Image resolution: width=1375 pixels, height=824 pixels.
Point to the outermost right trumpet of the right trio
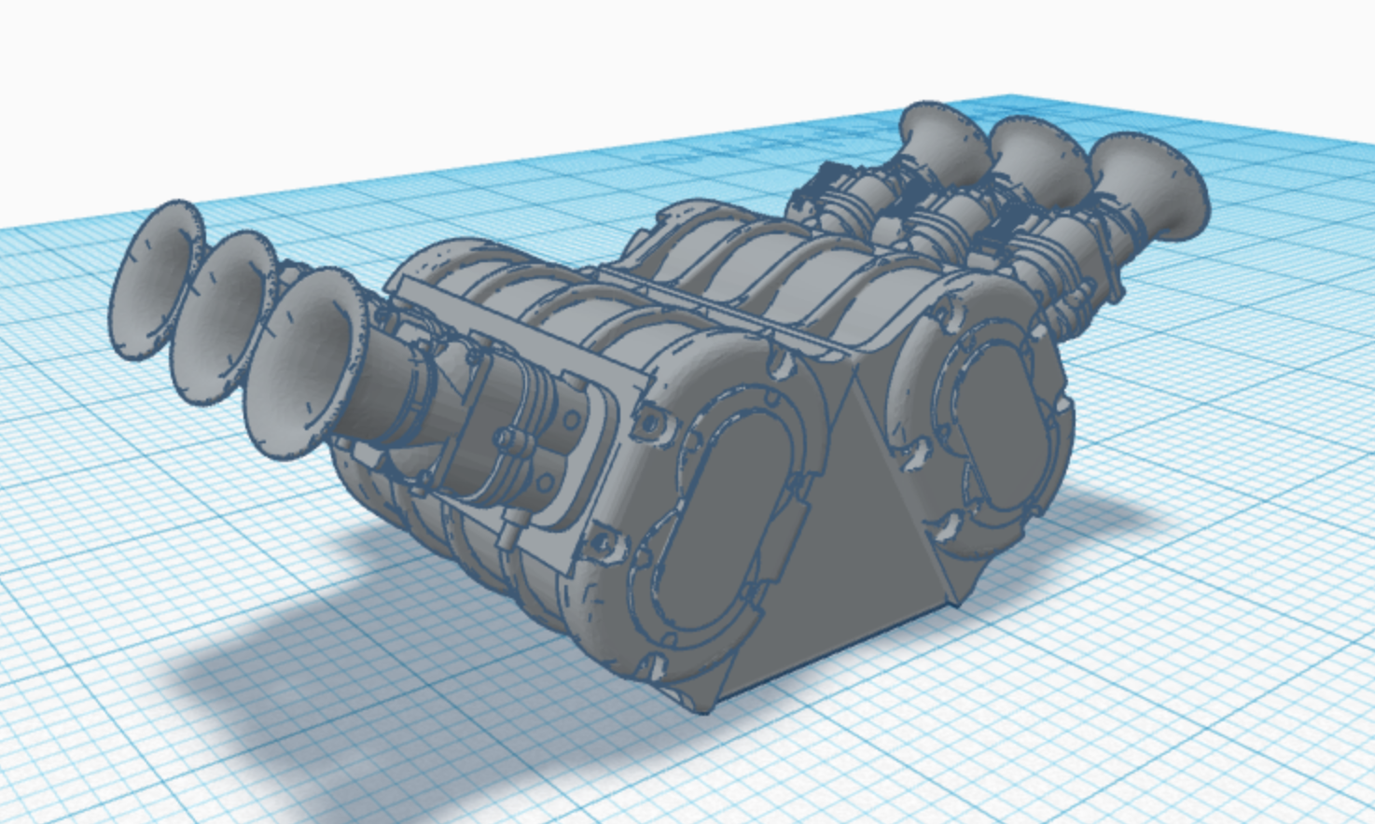pyautogui.click(x=1146, y=187)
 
